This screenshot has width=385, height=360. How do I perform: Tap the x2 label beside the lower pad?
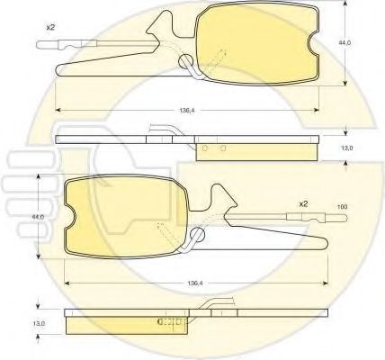[x=304, y=204]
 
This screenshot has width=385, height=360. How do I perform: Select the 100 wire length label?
[x=343, y=209]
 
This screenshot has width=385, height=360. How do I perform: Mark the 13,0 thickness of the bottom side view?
[x=39, y=319]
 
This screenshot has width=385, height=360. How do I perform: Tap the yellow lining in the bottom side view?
[x=126, y=322]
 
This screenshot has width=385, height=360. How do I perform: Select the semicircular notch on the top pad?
[x=311, y=42]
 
